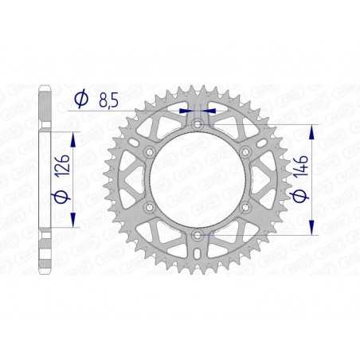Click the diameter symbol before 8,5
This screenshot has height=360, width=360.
click(x=80, y=100)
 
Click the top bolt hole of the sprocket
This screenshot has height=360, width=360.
click(x=197, y=123)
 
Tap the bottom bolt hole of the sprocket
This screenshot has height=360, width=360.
click(x=197, y=235)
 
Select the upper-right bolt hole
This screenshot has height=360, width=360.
click(x=245, y=151)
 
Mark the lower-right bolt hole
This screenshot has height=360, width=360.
click(x=245, y=207)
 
